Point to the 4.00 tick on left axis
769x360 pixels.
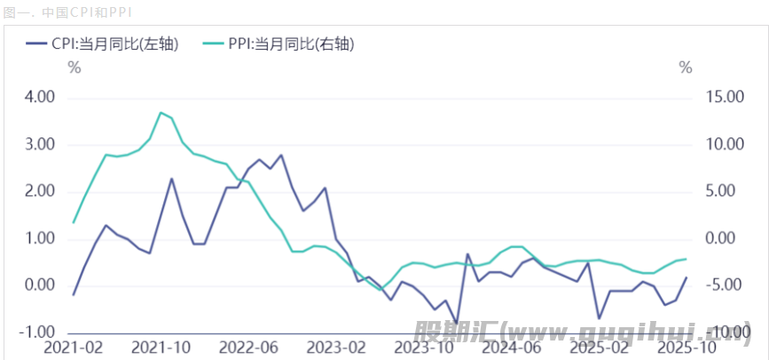38,97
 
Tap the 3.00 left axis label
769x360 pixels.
38,145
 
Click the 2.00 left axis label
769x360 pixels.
38,192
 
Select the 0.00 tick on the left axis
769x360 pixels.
38,286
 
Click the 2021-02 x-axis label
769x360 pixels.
74,348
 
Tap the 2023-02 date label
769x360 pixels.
335,348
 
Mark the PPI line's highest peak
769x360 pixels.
161,113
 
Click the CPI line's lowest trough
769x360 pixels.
457,324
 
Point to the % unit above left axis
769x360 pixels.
74,68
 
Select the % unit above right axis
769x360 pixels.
684,68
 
